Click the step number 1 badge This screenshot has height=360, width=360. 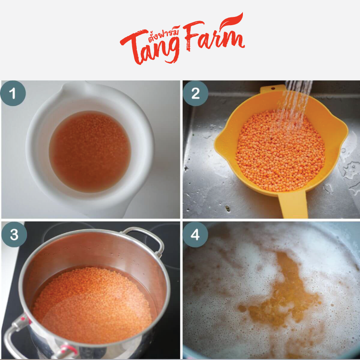click(13, 93)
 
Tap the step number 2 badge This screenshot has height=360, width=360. click(195, 93)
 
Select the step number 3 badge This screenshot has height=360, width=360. click(14, 234)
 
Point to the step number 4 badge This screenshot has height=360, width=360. click(195, 234)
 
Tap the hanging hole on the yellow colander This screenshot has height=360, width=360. click(273, 88)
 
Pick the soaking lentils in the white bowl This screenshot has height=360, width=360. click(90, 151)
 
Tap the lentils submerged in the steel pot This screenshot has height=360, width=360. click(92, 306)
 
